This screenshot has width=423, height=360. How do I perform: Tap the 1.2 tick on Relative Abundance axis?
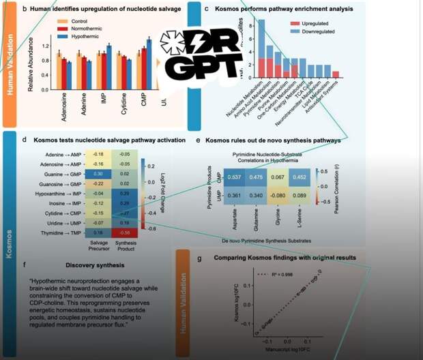click(46, 46)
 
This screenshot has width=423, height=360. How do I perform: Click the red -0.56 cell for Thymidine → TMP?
click(124, 232)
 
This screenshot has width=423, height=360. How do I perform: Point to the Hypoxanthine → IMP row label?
click(61, 194)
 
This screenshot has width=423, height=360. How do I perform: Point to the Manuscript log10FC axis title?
click(287, 348)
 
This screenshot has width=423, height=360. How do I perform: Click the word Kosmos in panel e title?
click(218, 140)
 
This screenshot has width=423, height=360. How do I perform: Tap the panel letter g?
click(199, 258)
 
